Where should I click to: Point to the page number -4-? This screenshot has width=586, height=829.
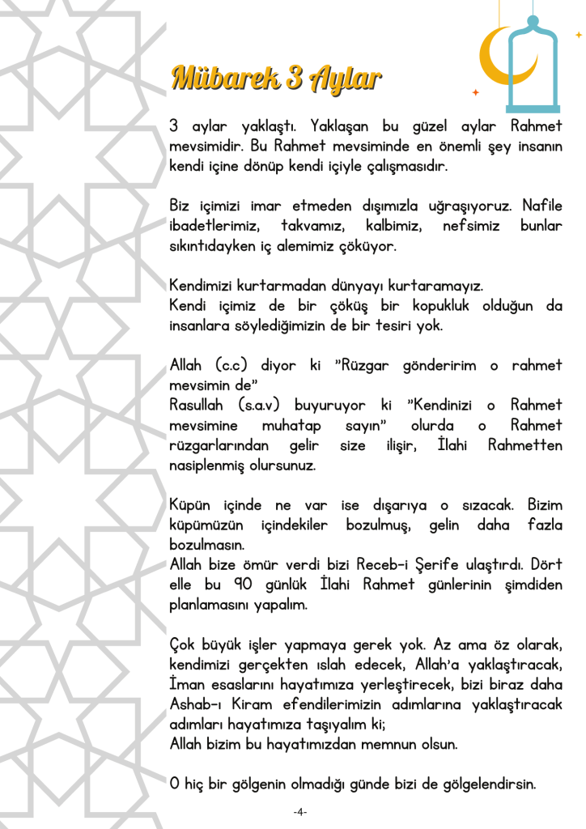coord(299,812)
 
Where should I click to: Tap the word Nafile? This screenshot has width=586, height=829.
coord(542,206)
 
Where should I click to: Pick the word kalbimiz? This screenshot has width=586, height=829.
coord(393,225)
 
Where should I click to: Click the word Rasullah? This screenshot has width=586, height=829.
coord(198,405)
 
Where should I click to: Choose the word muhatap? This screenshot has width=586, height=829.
coord(291,425)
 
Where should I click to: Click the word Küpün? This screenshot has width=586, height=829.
coord(189,505)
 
